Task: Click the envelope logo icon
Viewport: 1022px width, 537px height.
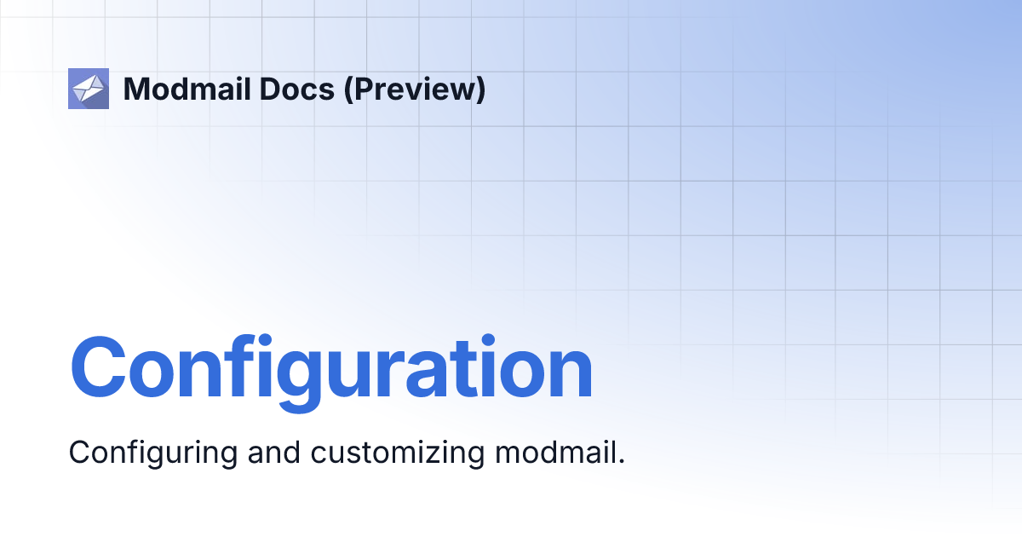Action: [x=89, y=89]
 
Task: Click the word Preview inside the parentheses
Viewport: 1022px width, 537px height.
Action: [x=414, y=89]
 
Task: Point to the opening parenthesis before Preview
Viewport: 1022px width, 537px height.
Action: [x=348, y=89]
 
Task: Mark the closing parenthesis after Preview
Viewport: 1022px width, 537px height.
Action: [x=480, y=89]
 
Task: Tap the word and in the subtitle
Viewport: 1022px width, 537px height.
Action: [x=273, y=452]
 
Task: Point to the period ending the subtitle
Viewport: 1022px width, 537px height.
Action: [x=621, y=461]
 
